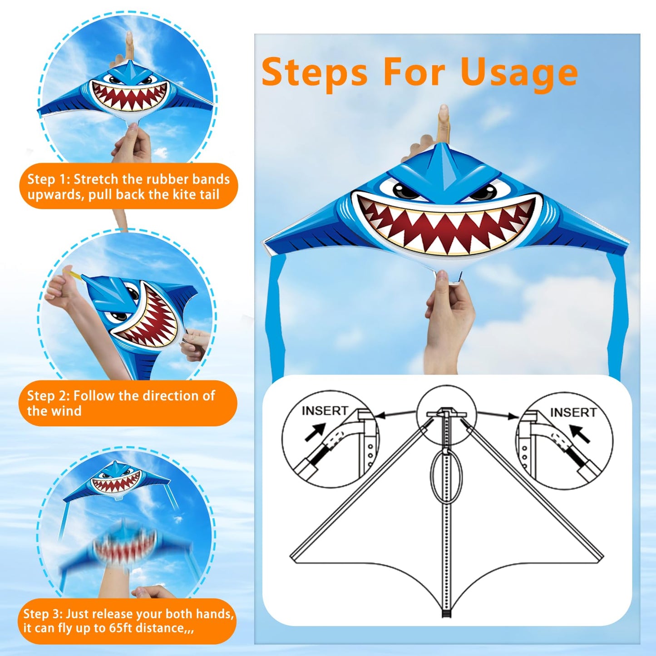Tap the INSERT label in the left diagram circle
[325, 410]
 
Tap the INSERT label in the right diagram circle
[573, 412]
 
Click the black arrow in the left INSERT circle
[316, 432]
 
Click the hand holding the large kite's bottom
[449, 318]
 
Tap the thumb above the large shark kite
[443, 120]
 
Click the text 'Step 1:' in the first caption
[48, 179]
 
